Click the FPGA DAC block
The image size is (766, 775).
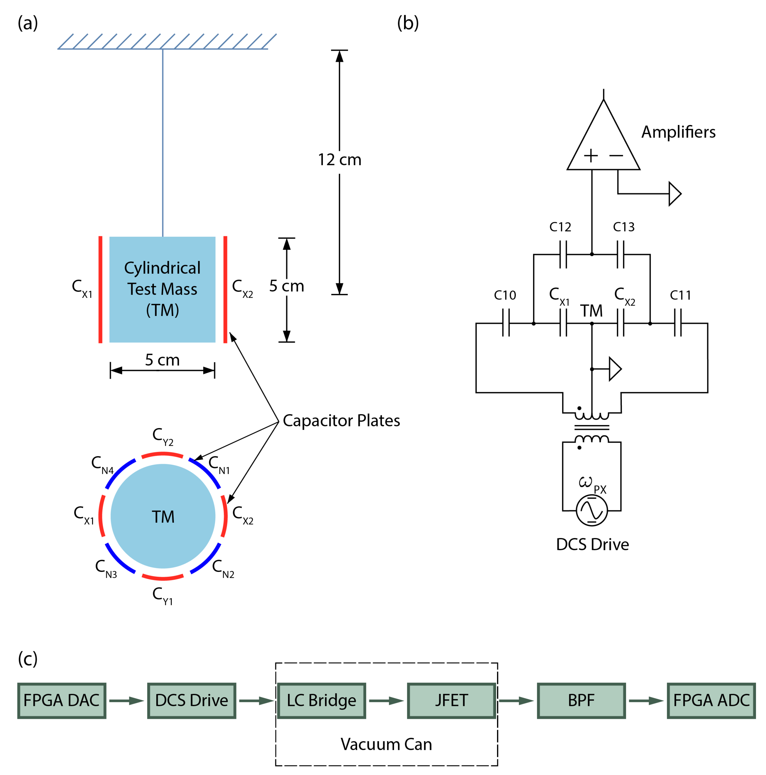tap(61, 700)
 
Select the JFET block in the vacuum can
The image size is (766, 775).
tap(451, 700)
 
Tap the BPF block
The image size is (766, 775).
tap(581, 700)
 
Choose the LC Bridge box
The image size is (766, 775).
tap(321, 700)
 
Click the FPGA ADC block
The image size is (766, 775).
tap(711, 700)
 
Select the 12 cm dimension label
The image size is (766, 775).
tap(340, 160)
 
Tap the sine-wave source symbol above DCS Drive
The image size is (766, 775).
tap(591, 510)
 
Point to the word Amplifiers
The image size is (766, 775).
tap(678, 132)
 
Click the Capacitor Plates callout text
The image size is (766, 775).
tap(341, 421)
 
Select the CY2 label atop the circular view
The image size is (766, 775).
tap(163, 436)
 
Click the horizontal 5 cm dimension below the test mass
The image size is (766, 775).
tap(162, 360)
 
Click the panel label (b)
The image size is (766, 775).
tap(408, 23)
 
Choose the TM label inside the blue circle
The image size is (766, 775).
tap(163, 517)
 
